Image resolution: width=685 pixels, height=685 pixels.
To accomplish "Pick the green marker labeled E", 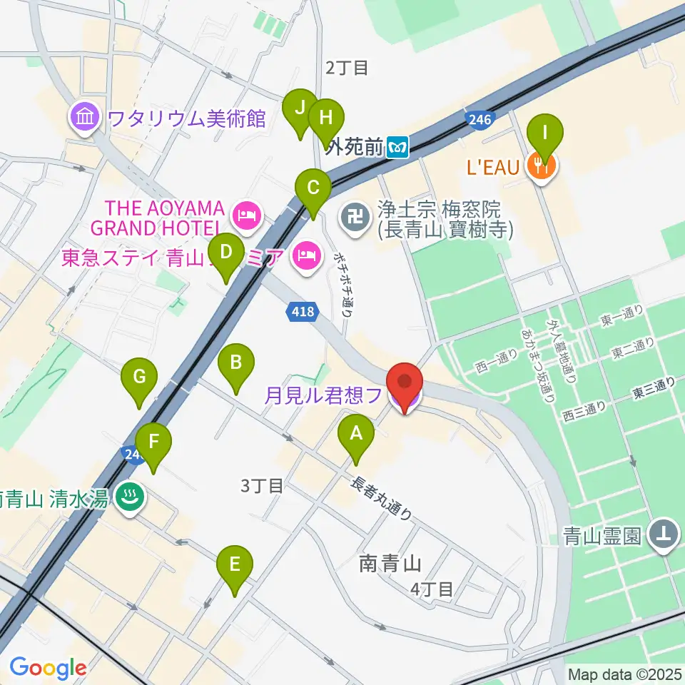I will (235, 568).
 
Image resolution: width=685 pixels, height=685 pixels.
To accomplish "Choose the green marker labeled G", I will (139, 380).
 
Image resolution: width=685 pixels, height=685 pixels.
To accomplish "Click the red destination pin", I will (405, 386).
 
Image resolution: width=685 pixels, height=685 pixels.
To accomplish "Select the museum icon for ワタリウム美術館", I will (85, 116).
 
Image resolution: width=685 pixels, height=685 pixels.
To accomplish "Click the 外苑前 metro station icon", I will (397, 148).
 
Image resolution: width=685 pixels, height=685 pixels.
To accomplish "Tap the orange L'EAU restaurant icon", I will (542, 167).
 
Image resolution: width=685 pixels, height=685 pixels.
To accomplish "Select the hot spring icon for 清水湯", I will (129, 498).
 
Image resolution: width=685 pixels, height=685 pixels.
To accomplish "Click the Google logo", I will (48, 668).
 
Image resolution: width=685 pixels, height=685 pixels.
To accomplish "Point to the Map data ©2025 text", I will (625, 674).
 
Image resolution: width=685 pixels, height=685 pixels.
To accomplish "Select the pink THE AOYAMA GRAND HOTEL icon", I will (247, 218).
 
